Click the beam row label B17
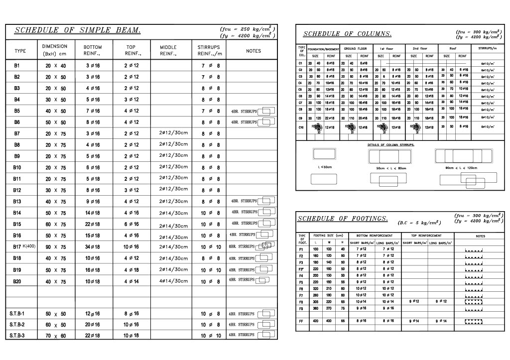click(16, 246)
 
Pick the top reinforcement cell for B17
click(132, 246)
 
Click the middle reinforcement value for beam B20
click(173, 281)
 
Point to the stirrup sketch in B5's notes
click(267, 111)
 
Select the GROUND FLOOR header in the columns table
click(356, 49)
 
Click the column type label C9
click(300, 118)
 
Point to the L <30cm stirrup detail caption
click(325, 167)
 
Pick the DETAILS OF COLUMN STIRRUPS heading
click(390, 144)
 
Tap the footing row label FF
click(301, 321)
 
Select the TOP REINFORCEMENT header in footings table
click(427, 236)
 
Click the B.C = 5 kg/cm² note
click(419, 223)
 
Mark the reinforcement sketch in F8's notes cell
click(474, 302)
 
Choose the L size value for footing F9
click(315, 309)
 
